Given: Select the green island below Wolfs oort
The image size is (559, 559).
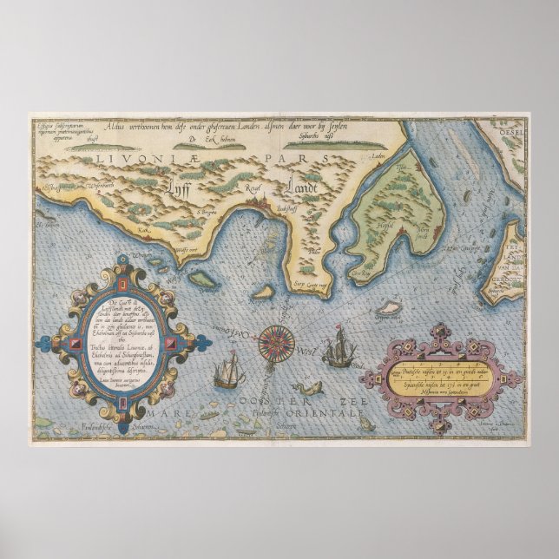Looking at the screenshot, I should (x=203, y=277).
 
